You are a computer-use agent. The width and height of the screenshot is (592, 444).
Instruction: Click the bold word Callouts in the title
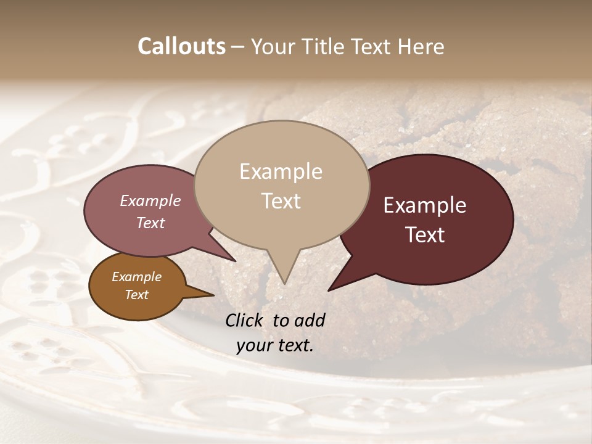181,46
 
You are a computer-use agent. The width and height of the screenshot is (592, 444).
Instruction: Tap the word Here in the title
421,46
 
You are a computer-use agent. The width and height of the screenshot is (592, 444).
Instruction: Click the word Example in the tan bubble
281,171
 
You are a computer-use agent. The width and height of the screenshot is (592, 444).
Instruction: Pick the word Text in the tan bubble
281,201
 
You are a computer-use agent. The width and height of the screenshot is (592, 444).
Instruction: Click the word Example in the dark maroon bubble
425,205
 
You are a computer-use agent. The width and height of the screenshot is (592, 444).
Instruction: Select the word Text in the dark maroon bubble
425,235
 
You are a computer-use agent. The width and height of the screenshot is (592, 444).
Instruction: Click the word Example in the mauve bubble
150,201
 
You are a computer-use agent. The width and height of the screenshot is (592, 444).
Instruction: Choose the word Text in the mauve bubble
150,223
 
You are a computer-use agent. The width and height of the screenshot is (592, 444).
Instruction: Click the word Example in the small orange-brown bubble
136,277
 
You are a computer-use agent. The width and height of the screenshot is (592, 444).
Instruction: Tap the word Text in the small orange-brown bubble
137,295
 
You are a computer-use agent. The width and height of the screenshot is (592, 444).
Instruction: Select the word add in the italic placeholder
310,320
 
